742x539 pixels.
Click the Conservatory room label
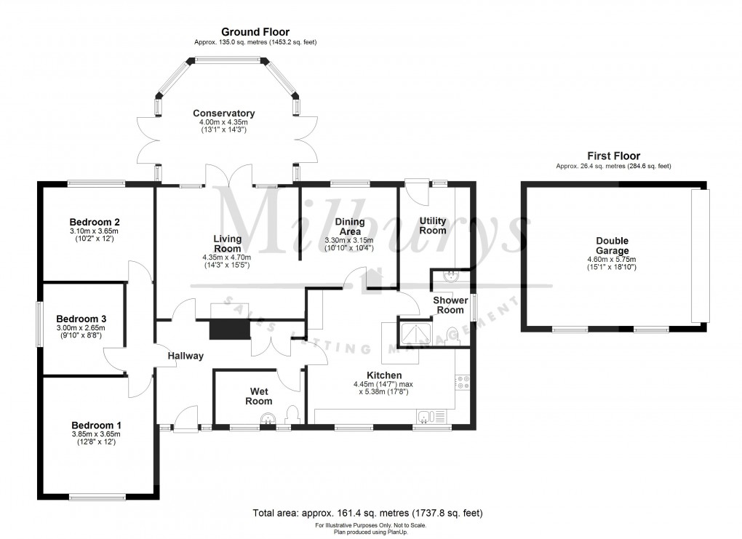pyautogui.click(x=223, y=113)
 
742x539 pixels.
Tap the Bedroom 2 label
pyautogui.click(x=95, y=222)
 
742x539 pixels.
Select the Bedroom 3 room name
pyautogui.click(x=81, y=319)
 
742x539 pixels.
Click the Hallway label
pyautogui.click(x=185, y=356)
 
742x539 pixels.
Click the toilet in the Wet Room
pyautogui.click(x=293, y=415)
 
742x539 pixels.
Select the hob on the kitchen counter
pyautogui.click(x=462, y=383)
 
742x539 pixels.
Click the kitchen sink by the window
pyautogui.click(x=434, y=416)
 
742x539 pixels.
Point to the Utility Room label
pyautogui.click(x=433, y=225)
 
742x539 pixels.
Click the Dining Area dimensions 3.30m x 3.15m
pyautogui.click(x=349, y=240)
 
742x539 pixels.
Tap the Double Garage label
pyautogui.click(x=612, y=246)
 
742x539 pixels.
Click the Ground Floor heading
pyautogui.click(x=255, y=32)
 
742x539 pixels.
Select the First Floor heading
pyautogui.click(x=613, y=156)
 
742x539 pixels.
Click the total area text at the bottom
pyautogui.click(x=367, y=513)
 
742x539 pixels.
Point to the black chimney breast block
pyautogui.click(x=228, y=329)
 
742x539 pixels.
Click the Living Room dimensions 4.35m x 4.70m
pyautogui.click(x=227, y=257)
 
